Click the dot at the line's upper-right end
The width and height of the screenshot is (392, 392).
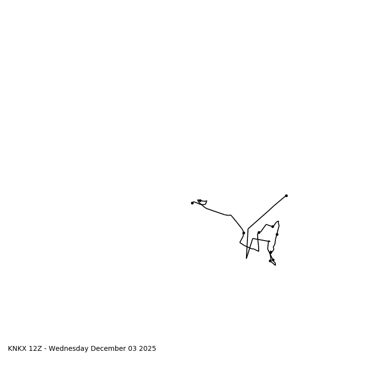[286, 196]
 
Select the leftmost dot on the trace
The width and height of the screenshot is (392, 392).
[192, 203]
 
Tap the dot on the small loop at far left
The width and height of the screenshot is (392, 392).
[200, 200]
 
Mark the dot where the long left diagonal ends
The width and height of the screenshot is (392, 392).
[244, 233]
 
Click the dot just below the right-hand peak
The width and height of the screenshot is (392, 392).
[272, 226]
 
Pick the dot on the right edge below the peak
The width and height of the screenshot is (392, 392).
[277, 234]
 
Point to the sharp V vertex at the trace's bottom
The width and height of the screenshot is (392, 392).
[246, 258]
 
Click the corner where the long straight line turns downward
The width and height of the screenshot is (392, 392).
[248, 229]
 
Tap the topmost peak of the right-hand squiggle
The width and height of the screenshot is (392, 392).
[278, 221]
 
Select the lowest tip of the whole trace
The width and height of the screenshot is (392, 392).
[275, 265]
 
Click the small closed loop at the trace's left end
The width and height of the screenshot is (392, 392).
[202, 202]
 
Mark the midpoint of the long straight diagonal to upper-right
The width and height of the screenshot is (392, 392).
[267, 212]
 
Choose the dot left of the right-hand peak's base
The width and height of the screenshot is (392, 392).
[259, 232]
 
